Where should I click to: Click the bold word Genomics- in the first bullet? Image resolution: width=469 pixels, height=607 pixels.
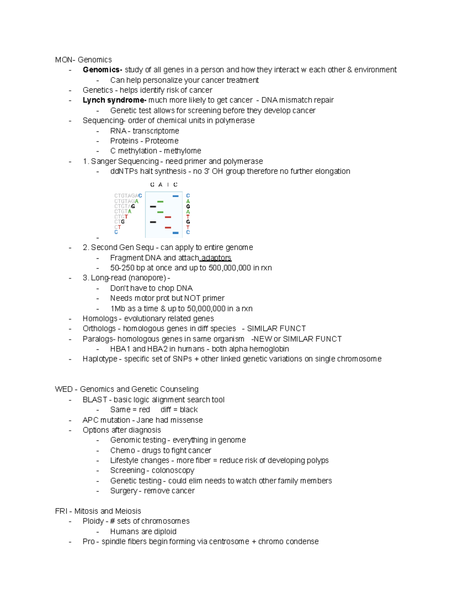102,70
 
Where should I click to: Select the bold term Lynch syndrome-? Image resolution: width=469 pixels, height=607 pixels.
115,100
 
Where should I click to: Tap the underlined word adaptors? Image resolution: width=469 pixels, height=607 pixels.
216,258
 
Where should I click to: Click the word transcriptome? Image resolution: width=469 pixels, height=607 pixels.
156,131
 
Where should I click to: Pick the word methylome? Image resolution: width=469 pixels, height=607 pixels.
182,151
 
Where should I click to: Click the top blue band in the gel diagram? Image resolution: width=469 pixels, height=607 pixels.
175,196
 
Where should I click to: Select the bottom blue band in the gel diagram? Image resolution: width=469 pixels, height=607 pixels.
175,233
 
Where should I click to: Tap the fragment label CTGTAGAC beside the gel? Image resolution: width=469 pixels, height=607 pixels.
128,195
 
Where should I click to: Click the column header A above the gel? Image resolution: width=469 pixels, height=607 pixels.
160,184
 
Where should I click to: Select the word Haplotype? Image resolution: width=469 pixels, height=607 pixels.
100,359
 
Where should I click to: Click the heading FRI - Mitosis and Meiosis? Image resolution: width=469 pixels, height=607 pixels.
98,511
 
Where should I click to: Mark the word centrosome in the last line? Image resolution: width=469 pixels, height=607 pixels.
227,541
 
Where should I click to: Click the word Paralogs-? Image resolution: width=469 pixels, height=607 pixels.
99,339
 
